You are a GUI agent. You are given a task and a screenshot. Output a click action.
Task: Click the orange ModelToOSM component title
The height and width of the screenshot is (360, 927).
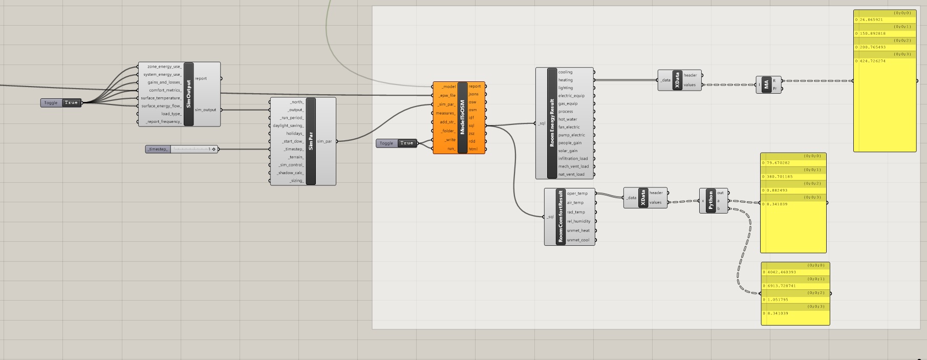click(462, 118)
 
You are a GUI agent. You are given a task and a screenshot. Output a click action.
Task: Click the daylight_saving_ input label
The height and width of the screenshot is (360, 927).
click(288, 125)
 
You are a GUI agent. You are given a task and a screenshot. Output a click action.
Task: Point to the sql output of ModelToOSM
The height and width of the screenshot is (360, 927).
click(471, 125)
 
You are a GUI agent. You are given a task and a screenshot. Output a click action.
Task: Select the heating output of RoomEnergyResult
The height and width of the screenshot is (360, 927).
click(566, 80)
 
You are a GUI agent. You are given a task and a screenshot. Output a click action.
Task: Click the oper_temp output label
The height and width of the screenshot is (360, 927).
click(577, 194)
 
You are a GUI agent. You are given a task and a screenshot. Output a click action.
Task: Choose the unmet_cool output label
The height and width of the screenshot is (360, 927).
click(578, 240)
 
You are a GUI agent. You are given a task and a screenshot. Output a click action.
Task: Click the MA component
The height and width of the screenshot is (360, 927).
click(766, 84)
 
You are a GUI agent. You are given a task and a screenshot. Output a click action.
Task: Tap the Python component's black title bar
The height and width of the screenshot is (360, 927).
click(710, 200)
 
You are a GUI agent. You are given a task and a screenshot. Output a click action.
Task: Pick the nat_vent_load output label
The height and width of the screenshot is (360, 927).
click(571, 174)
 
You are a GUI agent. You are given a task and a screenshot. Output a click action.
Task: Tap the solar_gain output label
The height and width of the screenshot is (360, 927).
click(568, 151)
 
